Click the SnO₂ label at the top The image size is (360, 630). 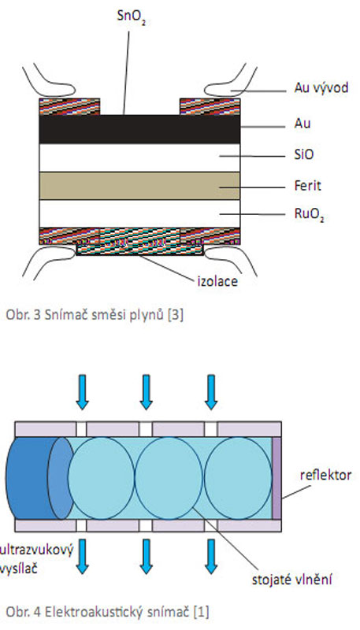pos(131,16)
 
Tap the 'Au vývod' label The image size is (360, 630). pos(321,87)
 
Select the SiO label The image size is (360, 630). pos(304,154)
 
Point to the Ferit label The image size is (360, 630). pos(308,186)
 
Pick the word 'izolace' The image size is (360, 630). pos(217,281)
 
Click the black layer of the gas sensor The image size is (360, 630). pos(139,129)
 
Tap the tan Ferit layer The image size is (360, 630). pos(139,186)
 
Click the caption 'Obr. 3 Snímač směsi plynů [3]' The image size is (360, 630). pos(95,316)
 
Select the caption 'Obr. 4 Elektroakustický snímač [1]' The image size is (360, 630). pos(107,612)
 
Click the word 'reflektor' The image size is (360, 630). pos(325,475)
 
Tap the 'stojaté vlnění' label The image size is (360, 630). pos(291,580)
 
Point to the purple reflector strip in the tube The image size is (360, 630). pos(276,478)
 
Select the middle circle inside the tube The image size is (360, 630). pos(169,478)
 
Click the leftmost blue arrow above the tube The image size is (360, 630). pos(82,392)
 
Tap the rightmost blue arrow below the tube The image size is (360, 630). pos(211,556)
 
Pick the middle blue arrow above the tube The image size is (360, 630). pos(146,392)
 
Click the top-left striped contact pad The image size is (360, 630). pos(69,106)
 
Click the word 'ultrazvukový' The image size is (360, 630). pos(37,550)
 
